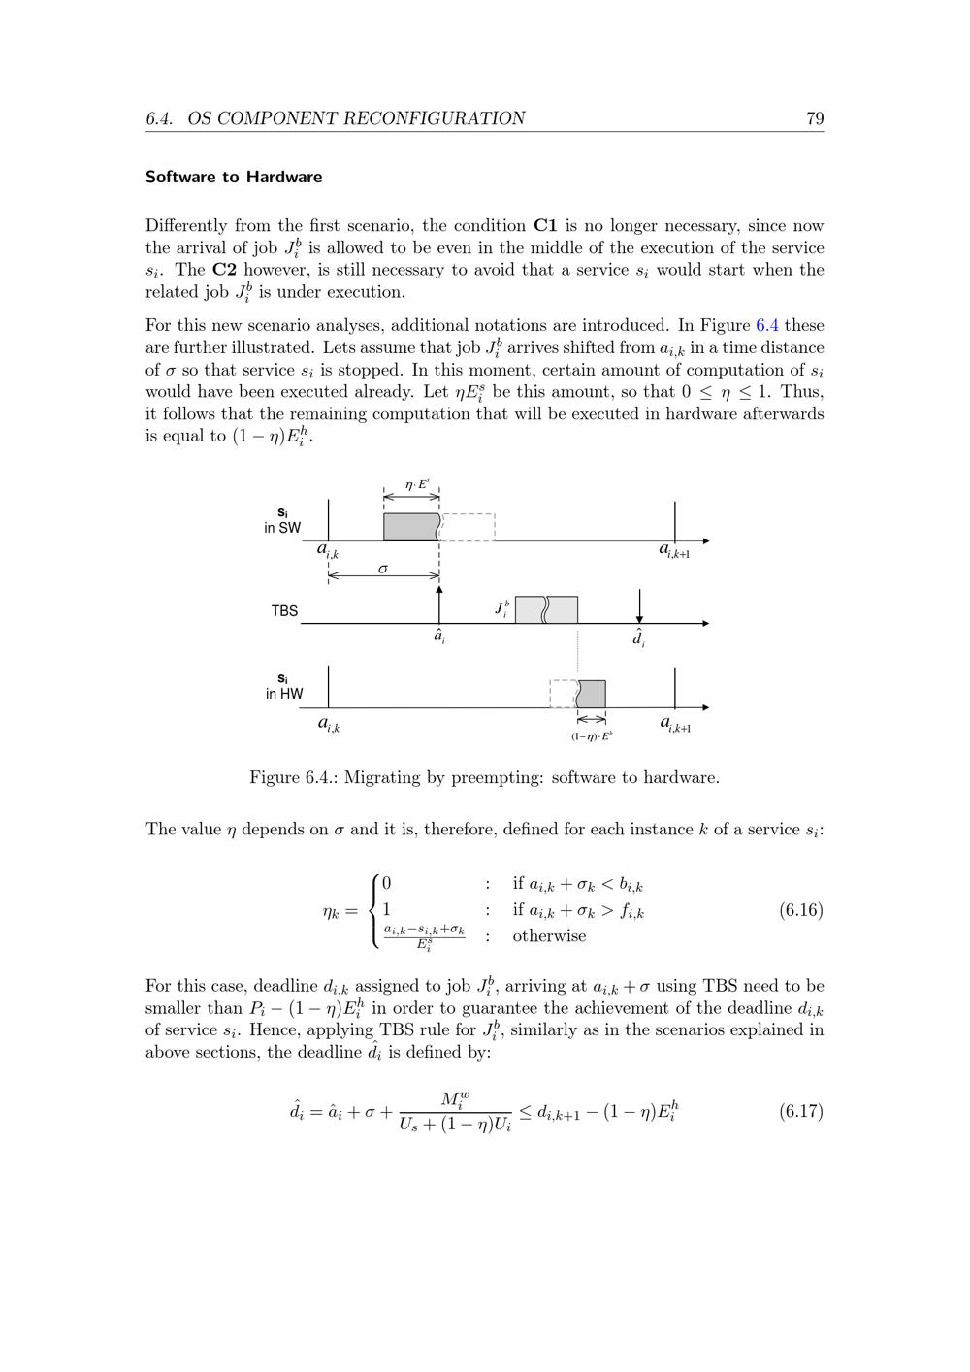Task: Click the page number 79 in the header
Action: [x=815, y=118]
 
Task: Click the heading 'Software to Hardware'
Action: [x=234, y=177]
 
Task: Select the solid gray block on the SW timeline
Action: [x=411, y=527]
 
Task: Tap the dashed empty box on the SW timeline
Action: [x=469, y=527]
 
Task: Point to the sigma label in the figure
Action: [x=383, y=569]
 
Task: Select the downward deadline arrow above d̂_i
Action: [x=639, y=606]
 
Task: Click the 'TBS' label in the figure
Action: [x=284, y=611]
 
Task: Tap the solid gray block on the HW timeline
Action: [x=592, y=694]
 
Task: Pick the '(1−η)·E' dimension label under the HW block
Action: [x=592, y=736]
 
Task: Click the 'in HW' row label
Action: [x=284, y=694]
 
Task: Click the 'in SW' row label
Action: [x=282, y=528]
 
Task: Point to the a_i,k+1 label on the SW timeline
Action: [x=675, y=550]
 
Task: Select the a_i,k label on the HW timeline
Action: [x=329, y=723]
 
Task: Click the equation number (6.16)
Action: [x=800, y=910]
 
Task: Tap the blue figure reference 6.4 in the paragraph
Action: [x=767, y=325]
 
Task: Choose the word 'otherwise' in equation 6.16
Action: [x=549, y=936]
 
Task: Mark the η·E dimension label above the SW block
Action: [x=417, y=484]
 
